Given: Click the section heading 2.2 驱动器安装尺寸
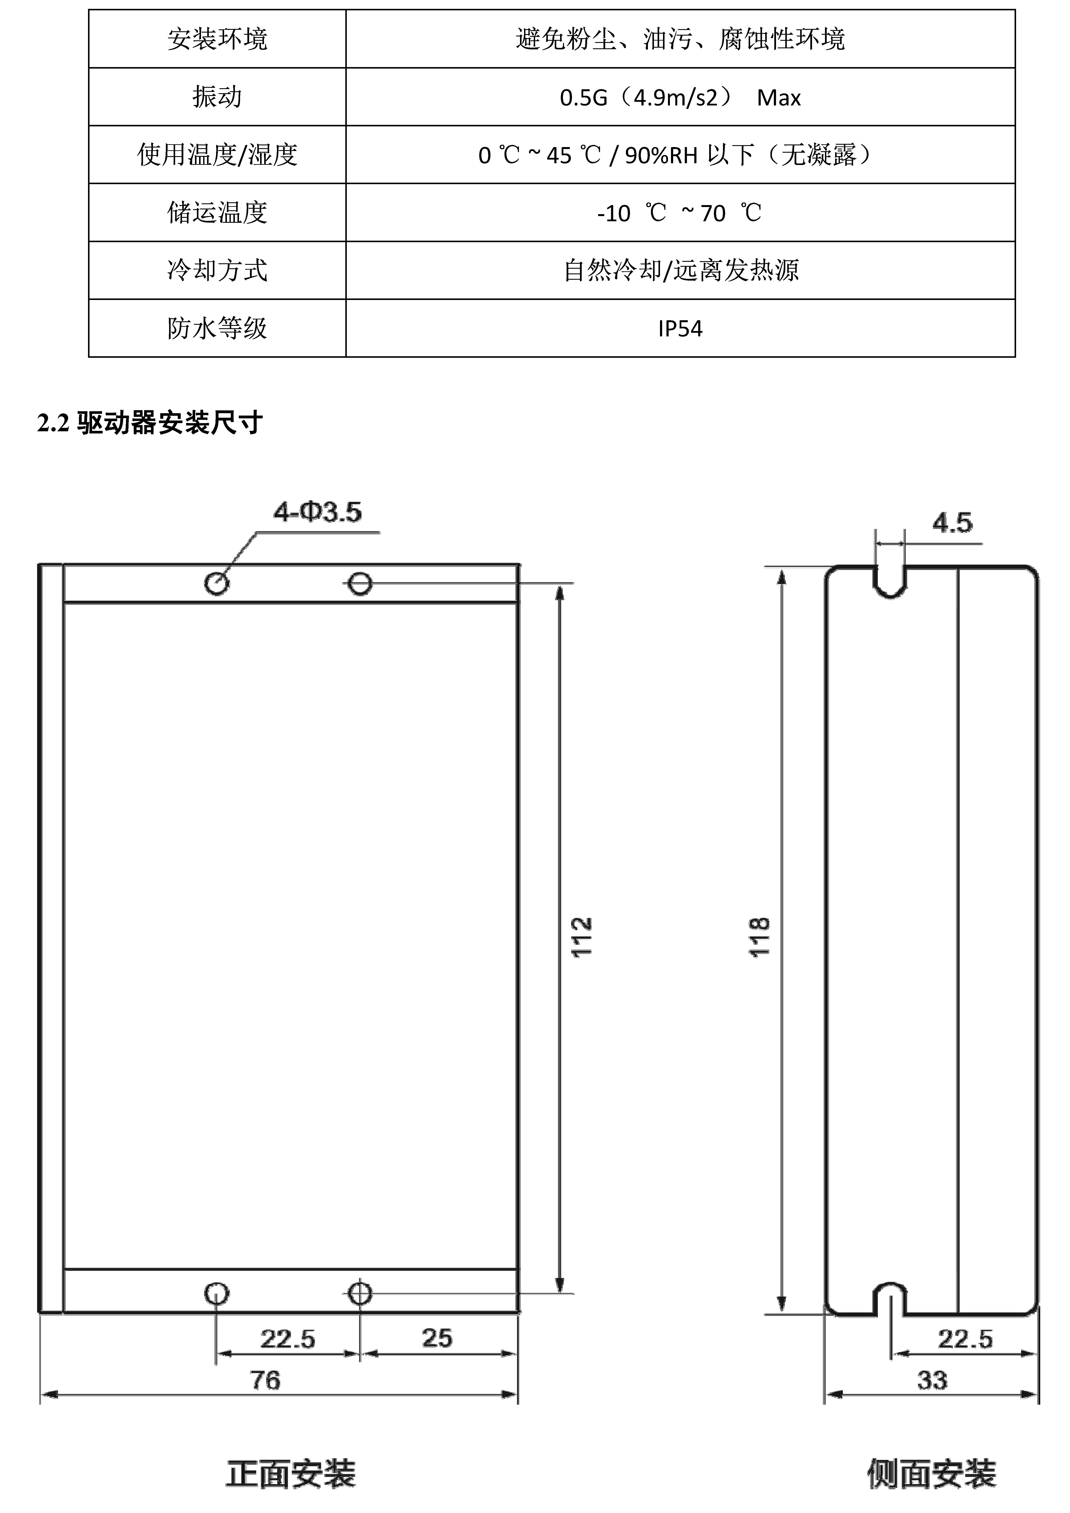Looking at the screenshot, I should (x=150, y=422).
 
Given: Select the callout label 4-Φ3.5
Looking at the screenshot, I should (x=318, y=512).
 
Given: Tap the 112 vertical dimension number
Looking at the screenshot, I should (x=582, y=937).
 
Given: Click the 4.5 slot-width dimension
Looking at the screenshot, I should (x=952, y=523).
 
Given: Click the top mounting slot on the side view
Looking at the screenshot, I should (x=890, y=582).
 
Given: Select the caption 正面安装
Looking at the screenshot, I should (x=291, y=1474).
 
